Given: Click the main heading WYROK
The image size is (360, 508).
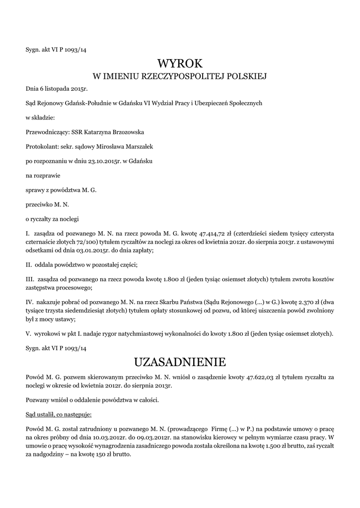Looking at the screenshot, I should click(180, 63).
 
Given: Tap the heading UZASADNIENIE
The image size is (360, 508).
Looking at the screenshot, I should click(180, 360).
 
